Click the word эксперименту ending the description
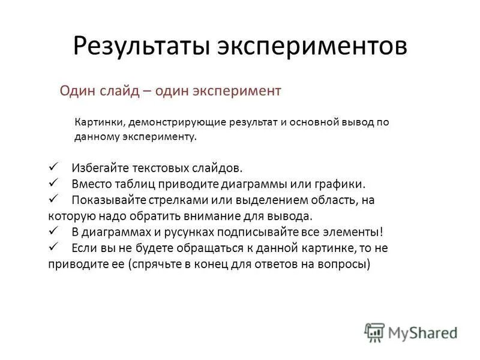click(166, 137)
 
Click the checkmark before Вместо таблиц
click(52, 182)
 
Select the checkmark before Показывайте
click(52, 199)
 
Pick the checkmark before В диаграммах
click(52, 230)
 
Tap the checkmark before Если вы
click(52, 247)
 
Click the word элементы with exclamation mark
click(353, 231)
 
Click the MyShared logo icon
click(374, 331)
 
